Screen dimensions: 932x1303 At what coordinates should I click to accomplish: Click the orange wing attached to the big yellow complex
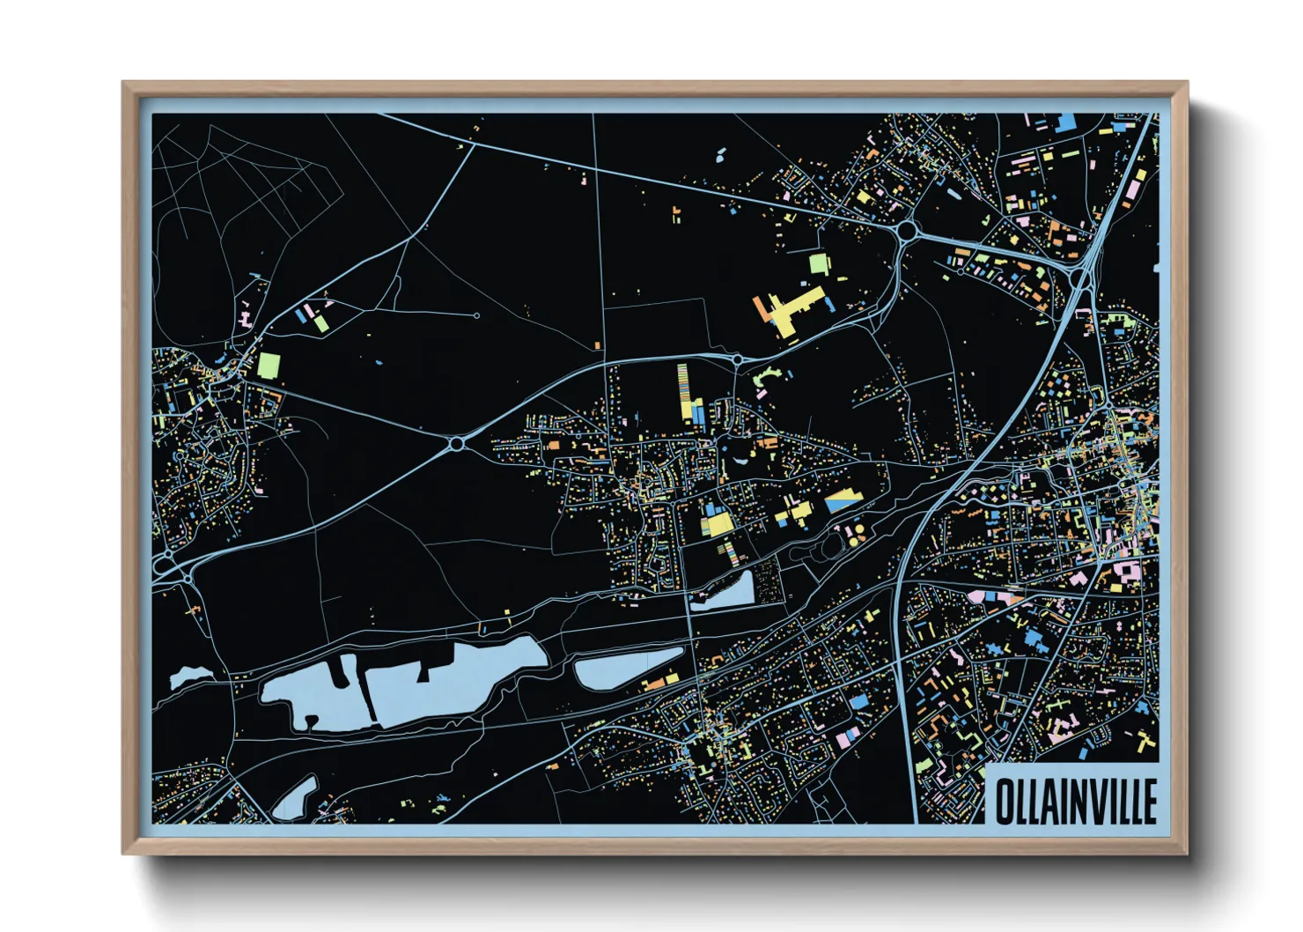click(x=760, y=307)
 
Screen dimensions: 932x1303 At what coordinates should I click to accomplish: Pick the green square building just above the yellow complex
click(x=818, y=263)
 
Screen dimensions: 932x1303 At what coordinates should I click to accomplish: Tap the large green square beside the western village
click(x=269, y=365)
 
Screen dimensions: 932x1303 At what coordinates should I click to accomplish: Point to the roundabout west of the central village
click(x=456, y=443)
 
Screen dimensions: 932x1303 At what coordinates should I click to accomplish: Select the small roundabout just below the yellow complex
click(x=736, y=359)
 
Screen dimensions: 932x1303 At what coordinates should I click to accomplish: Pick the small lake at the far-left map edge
click(x=187, y=677)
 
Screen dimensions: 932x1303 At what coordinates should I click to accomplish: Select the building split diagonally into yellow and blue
click(x=843, y=502)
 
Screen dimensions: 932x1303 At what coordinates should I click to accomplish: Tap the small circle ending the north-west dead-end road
click(x=477, y=315)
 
